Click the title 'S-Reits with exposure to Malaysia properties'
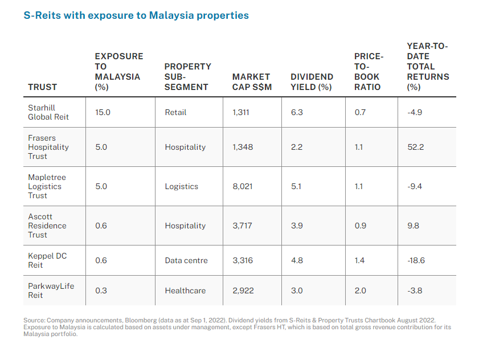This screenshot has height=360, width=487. coord(136,15)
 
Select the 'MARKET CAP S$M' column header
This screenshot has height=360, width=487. coord(251,81)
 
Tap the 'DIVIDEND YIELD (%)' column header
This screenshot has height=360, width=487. coord(312,81)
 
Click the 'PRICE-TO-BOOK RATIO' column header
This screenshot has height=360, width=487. coord(369,72)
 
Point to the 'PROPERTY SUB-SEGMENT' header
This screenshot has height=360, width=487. coord(187,76)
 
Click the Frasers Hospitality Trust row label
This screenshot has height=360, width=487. coord(48,147)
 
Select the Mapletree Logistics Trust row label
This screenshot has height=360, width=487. coord(45,186)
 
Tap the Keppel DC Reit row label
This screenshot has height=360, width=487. coord(47,260)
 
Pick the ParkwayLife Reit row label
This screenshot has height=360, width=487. coord(51,291)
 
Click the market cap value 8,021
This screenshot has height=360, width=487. coord(242,186)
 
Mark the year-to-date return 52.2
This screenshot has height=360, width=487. coord(415,147)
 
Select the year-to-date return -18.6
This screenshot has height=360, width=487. coord(416,260)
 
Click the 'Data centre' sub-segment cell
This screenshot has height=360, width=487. coord(186,260)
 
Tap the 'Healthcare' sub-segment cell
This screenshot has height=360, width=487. coord(185,291)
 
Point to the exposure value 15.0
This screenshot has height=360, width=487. coord(103,112)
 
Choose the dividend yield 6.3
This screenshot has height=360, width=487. coord(297,112)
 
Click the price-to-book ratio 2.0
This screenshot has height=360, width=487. coord(361,291)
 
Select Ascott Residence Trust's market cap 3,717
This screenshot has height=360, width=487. coord(242,226)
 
